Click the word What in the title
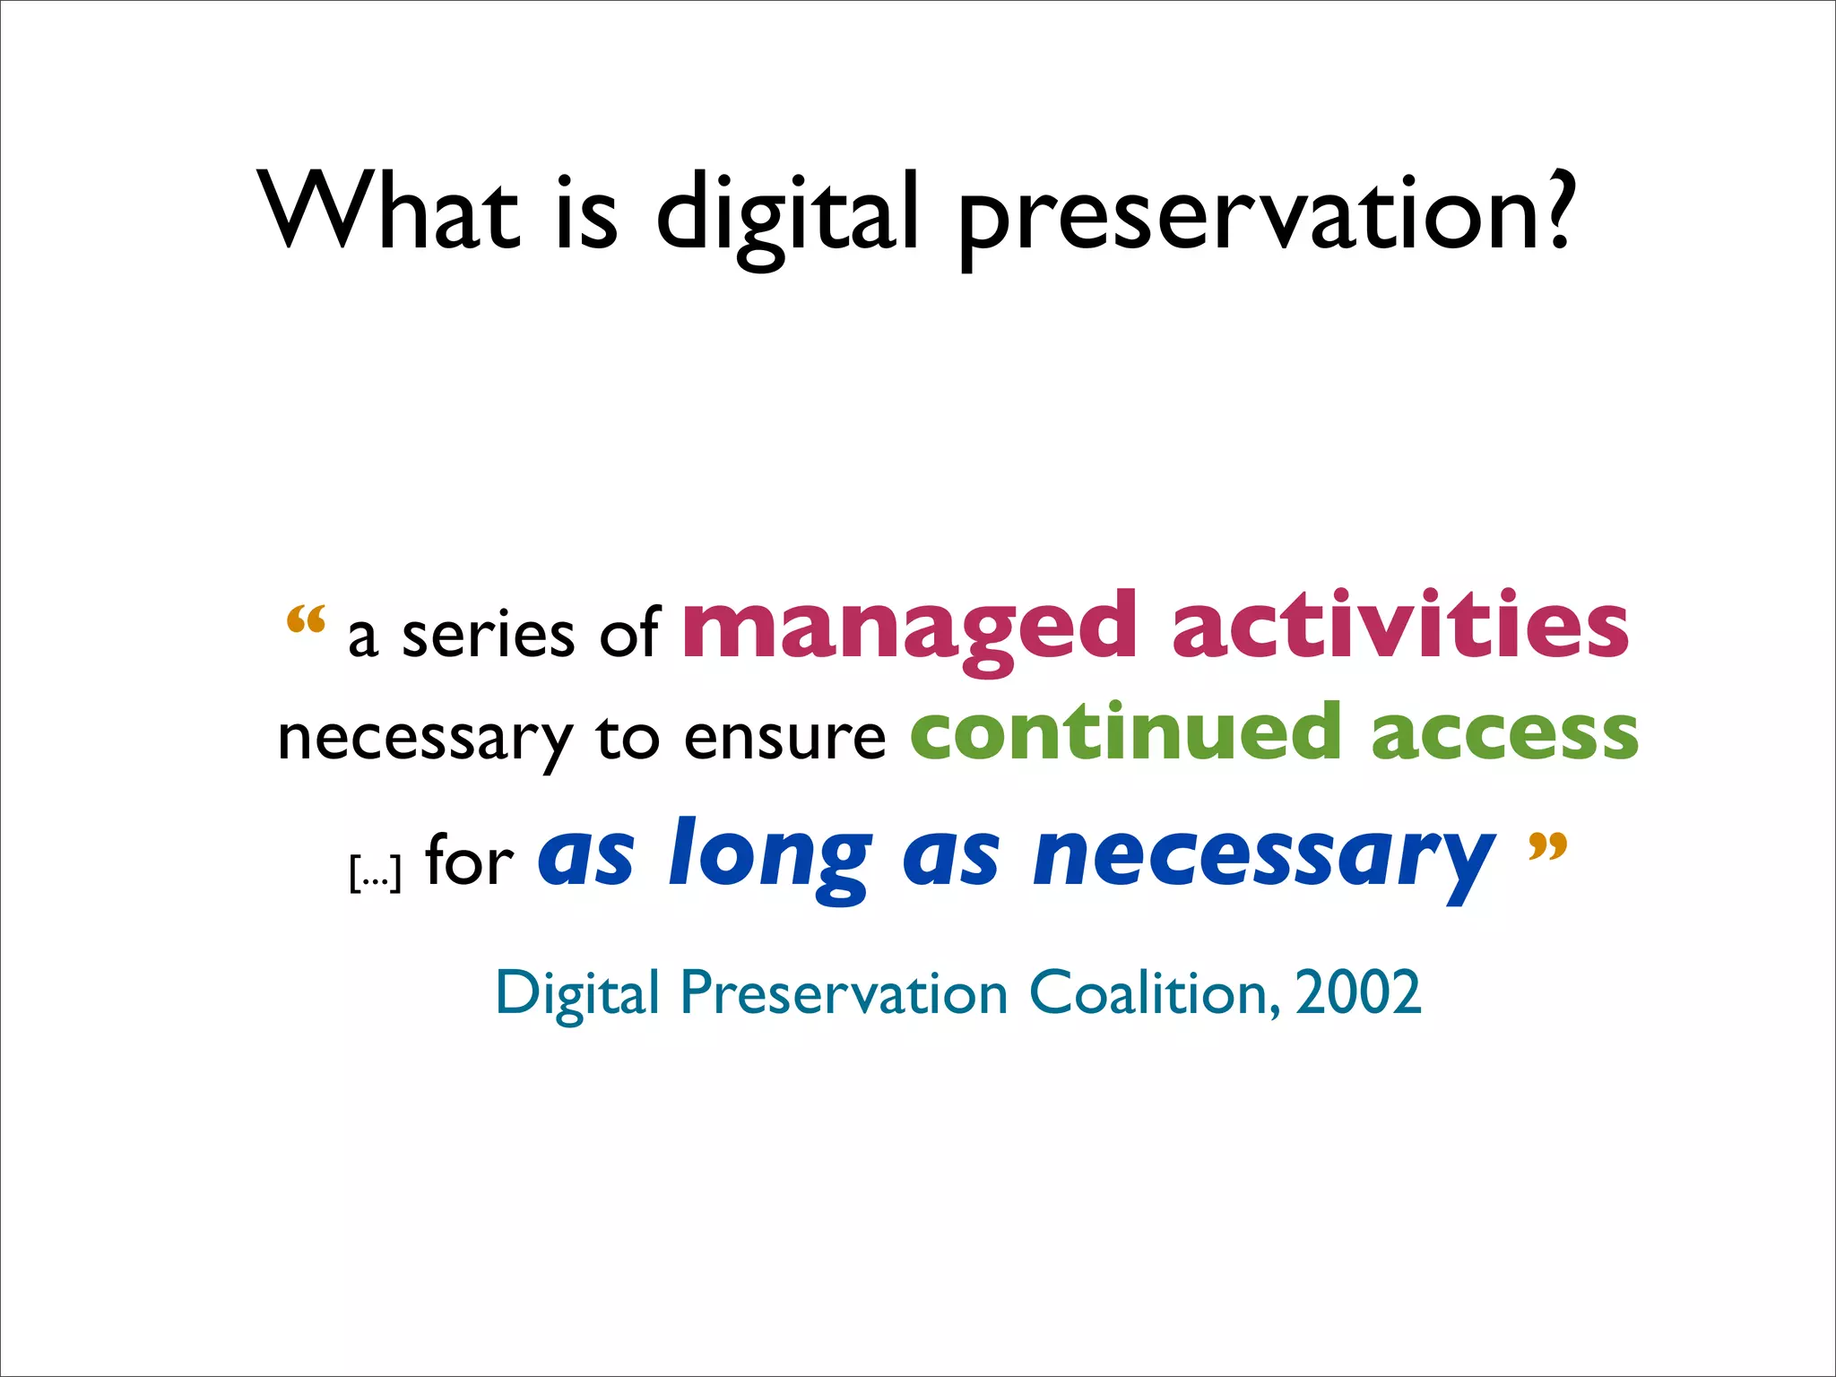[x=388, y=212]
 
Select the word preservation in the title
[x=1237, y=215]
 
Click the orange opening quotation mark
[x=305, y=619]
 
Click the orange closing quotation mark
[x=1547, y=846]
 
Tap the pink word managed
[x=910, y=628]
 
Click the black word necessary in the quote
[x=425, y=740]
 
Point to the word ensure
[x=784, y=739]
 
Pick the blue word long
[x=770, y=857]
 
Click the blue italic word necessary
[x=1264, y=857]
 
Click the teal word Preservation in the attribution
[x=844, y=993]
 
